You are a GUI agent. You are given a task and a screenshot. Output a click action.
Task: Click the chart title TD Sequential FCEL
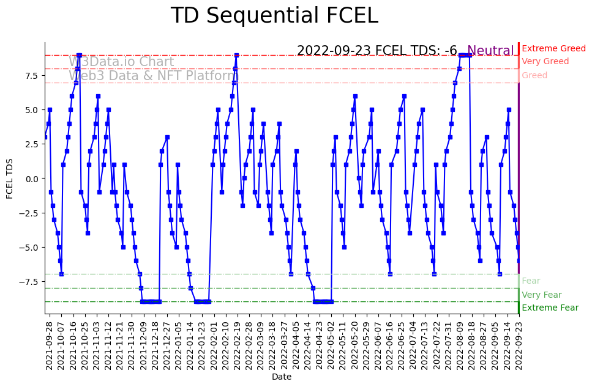[274, 16]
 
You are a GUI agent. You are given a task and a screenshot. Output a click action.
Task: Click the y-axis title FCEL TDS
[10, 178]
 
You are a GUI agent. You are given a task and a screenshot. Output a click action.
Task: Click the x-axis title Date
[282, 377]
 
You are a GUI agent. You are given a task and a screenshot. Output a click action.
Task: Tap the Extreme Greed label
[553, 48]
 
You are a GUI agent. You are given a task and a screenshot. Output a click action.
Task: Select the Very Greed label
[545, 62]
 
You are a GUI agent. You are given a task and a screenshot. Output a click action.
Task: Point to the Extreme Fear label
[550, 308]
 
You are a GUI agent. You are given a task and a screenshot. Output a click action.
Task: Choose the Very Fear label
[541, 295]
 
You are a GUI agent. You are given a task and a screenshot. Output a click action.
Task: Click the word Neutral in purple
[490, 51]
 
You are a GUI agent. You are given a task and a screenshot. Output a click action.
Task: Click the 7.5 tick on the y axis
[31, 75]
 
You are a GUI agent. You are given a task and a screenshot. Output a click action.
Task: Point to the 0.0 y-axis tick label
[31, 179]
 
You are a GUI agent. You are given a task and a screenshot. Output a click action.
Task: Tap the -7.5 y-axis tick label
[28, 281]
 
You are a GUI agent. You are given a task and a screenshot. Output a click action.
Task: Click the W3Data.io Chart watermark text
[121, 62]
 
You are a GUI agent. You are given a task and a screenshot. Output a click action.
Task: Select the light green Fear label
[531, 281]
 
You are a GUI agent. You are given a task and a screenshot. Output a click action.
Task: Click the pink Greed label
[534, 76]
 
